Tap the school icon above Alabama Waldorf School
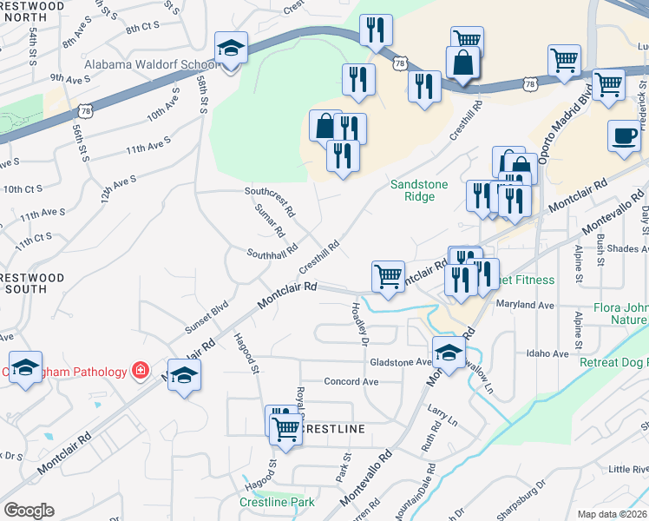(232, 49)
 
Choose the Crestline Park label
(277, 503)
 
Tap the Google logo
(29, 511)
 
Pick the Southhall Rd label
(272, 253)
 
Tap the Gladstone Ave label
(400, 362)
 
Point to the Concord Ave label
(351, 381)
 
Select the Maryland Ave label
(524, 306)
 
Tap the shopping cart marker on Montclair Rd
(388, 275)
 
